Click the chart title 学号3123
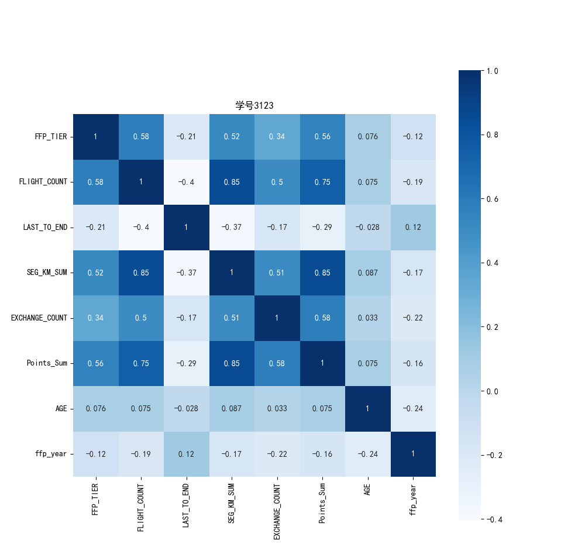tap(254, 106)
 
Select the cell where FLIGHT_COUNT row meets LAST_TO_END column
tap(186, 182)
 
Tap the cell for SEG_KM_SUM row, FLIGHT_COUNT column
tap(141, 273)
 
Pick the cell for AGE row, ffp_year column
tap(413, 408)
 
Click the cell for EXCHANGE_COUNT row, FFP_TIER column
tap(96, 318)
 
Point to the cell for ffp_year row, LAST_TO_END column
tap(186, 454)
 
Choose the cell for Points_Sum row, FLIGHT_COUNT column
tap(141, 363)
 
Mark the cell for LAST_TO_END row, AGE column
tap(367, 227)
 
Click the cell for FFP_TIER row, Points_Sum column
tap(322, 137)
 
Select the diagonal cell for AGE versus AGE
tap(367, 408)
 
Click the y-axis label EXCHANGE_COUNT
tap(39, 318)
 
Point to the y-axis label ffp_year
tap(51, 454)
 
